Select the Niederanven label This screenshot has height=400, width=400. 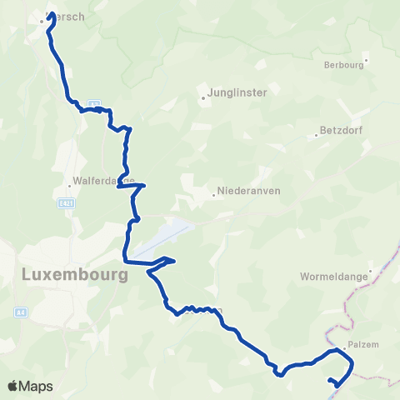(x=248, y=190)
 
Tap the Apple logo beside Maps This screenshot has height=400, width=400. (x=12, y=386)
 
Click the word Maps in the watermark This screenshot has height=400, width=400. (x=37, y=387)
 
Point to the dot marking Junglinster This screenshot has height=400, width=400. (x=202, y=98)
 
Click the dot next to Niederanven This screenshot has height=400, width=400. (x=214, y=195)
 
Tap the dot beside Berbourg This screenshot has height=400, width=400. (x=366, y=60)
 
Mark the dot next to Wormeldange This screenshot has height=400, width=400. (x=356, y=284)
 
